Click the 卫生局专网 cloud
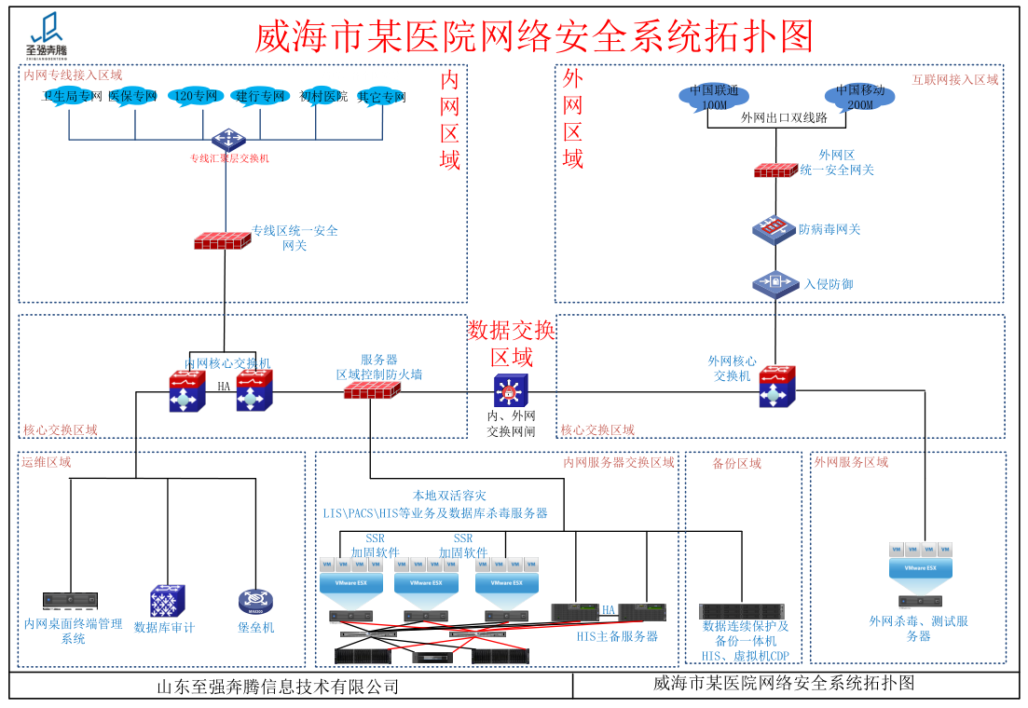coord(70,96)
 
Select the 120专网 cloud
coord(196,96)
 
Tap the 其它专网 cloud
coord(382,97)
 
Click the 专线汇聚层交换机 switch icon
coord(226,141)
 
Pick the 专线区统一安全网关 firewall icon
coord(222,239)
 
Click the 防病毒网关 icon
coord(773,229)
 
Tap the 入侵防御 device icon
coord(775,282)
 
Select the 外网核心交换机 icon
coord(775,386)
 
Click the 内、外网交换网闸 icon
coord(511,389)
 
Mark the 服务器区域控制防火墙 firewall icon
coord(372,390)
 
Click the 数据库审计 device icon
coord(167,602)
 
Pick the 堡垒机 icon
coord(254,602)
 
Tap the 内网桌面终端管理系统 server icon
coord(71,601)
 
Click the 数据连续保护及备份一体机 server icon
coord(742,611)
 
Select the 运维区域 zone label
coord(46,461)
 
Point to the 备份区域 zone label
coord(736,463)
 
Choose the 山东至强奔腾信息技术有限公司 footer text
coord(278,687)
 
